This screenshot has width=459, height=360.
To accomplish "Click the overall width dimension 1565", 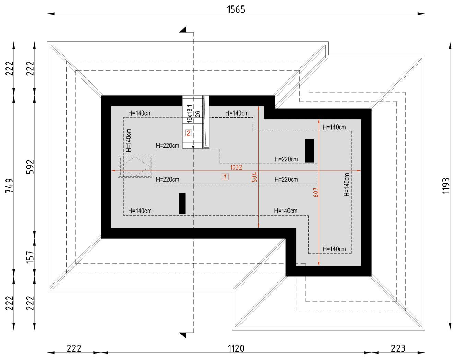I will pos(236,9).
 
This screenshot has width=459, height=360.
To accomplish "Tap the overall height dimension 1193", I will pos(446,185).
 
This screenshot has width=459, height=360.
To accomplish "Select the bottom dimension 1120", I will pos(236,348).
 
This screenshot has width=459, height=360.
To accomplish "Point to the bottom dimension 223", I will pos(398,348).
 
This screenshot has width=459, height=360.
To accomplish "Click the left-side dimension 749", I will pos(9,185).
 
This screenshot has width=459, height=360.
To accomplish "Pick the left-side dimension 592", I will pos(30,167).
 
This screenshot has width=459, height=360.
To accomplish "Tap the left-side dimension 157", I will pos(30,256).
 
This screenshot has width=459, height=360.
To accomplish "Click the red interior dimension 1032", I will pos(236,167).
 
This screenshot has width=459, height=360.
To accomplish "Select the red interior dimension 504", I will pos(254,177).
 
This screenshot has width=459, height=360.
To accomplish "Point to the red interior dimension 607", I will pos(316,192).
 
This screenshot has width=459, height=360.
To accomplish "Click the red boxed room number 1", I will pos(225,177).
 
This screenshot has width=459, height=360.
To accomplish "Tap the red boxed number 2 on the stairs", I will pos(188,133).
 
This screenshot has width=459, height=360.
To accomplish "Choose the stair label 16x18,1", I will pos(190,114).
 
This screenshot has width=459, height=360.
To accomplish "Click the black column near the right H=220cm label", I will pos(309,151).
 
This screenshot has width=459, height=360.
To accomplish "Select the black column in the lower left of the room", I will pos(183,204).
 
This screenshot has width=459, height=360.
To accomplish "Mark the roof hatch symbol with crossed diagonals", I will pos(135,166).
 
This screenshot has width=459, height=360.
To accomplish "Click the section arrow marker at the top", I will pos(183,30).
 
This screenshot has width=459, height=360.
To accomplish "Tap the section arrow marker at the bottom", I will pos(183,335).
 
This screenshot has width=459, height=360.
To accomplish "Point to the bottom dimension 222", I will pos(74,348).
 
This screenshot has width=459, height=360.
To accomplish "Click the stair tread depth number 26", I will pos(198,113).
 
